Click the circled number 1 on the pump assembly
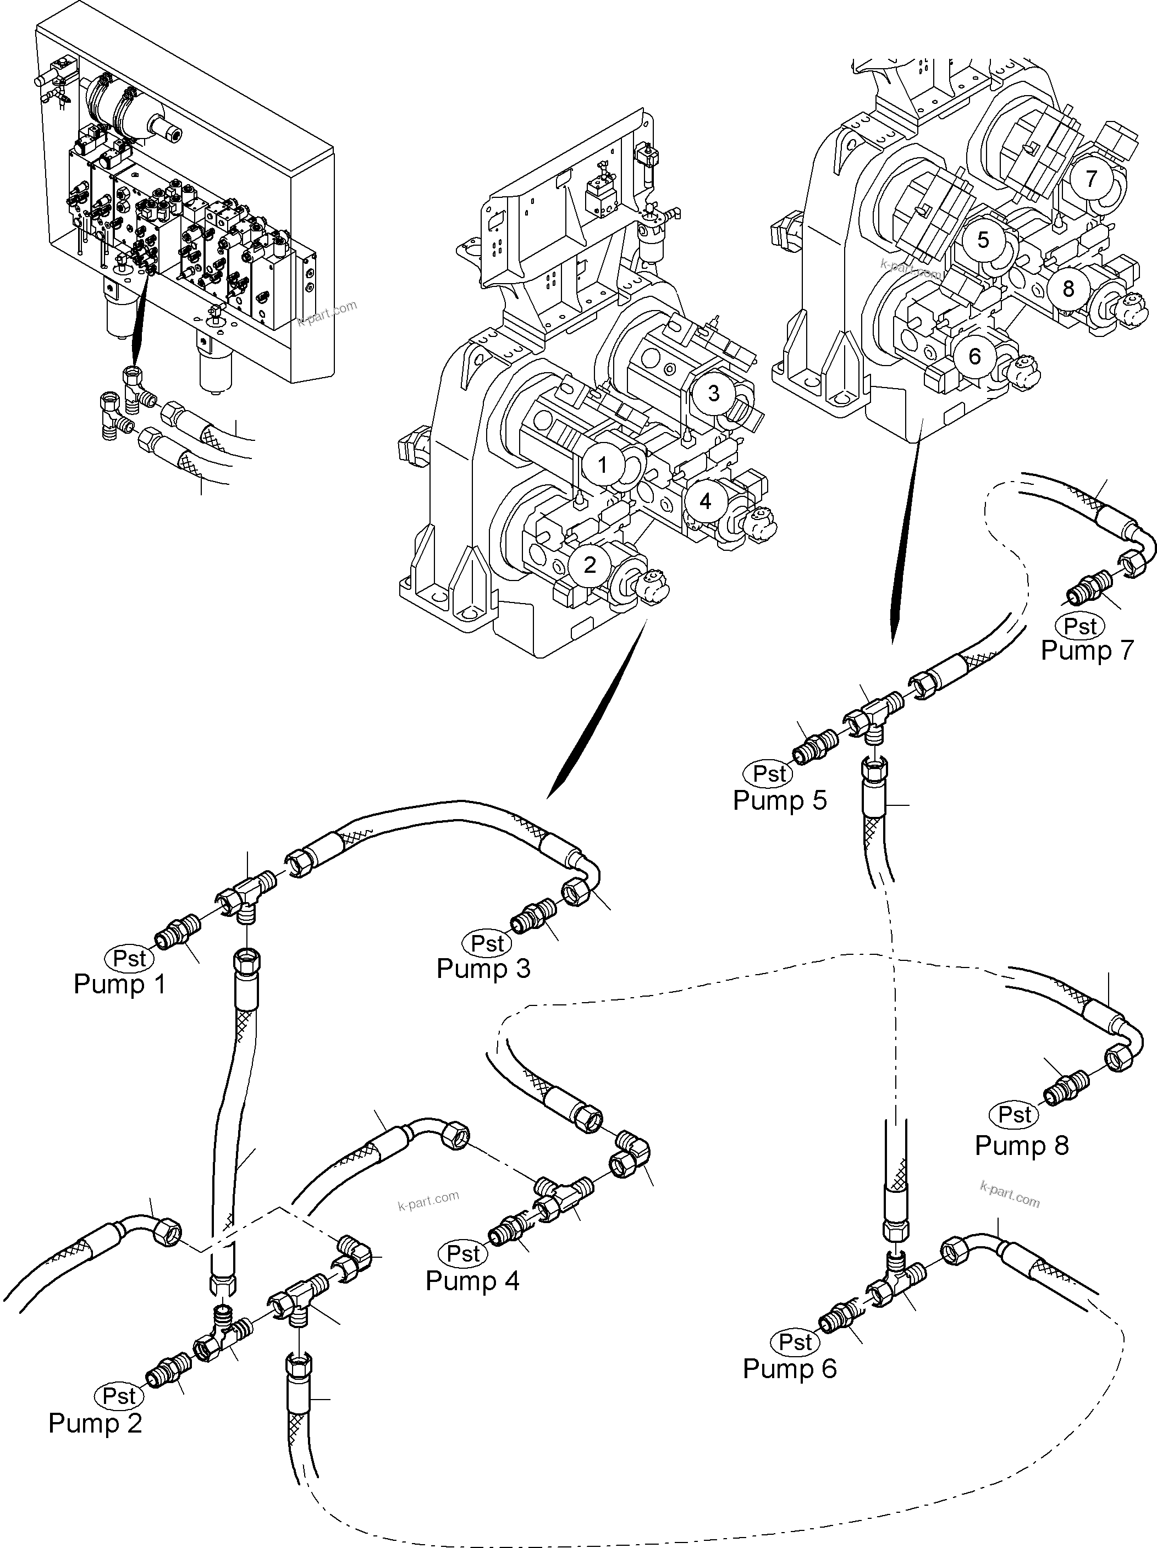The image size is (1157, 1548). coord(603,465)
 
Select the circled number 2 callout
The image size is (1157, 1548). coord(589,565)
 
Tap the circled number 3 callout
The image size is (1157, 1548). coord(713,392)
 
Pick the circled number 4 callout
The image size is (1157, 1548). coord(705,501)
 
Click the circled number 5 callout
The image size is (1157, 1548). coord(983,240)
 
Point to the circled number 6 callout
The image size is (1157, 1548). coord(974,357)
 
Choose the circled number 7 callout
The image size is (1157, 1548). coord(1090,179)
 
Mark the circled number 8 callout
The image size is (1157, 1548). coord(1067,288)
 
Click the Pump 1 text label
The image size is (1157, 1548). coord(120,984)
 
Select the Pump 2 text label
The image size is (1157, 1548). coord(95,1423)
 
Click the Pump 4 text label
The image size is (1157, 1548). coord(472,1281)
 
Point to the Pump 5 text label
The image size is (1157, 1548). coord(780,800)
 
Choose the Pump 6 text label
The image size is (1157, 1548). coord(790,1368)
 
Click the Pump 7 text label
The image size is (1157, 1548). coord(1086,650)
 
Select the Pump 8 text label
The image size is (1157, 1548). coord(1022,1145)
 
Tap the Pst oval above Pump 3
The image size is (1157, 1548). coord(488,943)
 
